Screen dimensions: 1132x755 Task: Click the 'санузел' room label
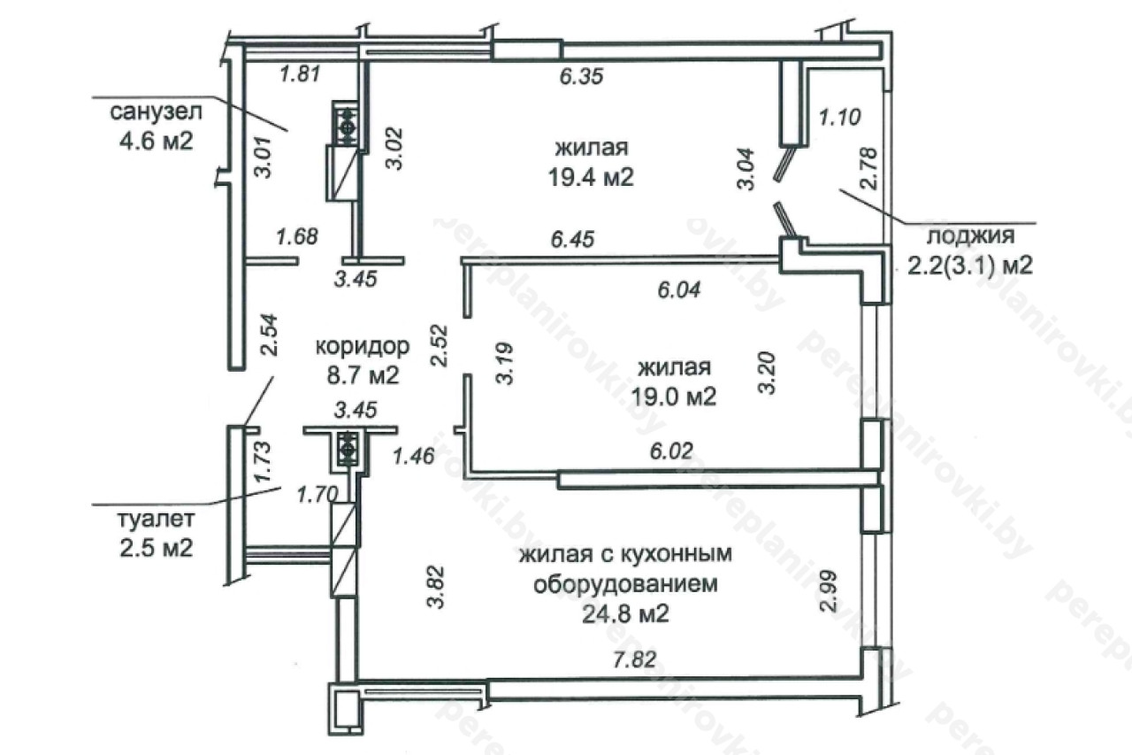pyautogui.click(x=157, y=112)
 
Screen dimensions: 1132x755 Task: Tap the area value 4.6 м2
pyautogui.click(x=157, y=141)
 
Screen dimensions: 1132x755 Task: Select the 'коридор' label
pyautogui.click(x=363, y=346)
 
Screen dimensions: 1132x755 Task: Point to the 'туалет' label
pyautogui.click(x=157, y=520)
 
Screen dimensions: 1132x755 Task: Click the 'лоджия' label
pyautogui.click(x=971, y=235)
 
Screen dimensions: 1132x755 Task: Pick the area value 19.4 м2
pyautogui.click(x=591, y=177)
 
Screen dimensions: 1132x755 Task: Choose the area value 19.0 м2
pyautogui.click(x=674, y=397)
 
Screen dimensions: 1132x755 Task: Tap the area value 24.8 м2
pyautogui.click(x=625, y=614)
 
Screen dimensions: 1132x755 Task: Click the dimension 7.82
pyautogui.click(x=635, y=659)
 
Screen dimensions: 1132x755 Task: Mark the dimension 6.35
pyautogui.click(x=581, y=76)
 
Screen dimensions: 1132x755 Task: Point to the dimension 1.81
pyautogui.click(x=300, y=74)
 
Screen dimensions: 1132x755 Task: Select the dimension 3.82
pyautogui.click(x=435, y=587)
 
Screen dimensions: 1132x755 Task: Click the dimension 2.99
pyautogui.click(x=828, y=591)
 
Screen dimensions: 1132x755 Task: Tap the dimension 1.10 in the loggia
pyautogui.click(x=839, y=118)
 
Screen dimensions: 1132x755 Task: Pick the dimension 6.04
pyautogui.click(x=678, y=289)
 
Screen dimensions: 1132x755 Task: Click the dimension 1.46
pyautogui.click(x=413, y=456)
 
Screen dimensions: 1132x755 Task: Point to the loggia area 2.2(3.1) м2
pyautogui.click(x=970, y=266)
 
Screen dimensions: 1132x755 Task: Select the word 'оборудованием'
pyautogui.click(x=625, y=584)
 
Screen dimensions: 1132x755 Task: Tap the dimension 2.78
pyautogui.click(x=870, y=168)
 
